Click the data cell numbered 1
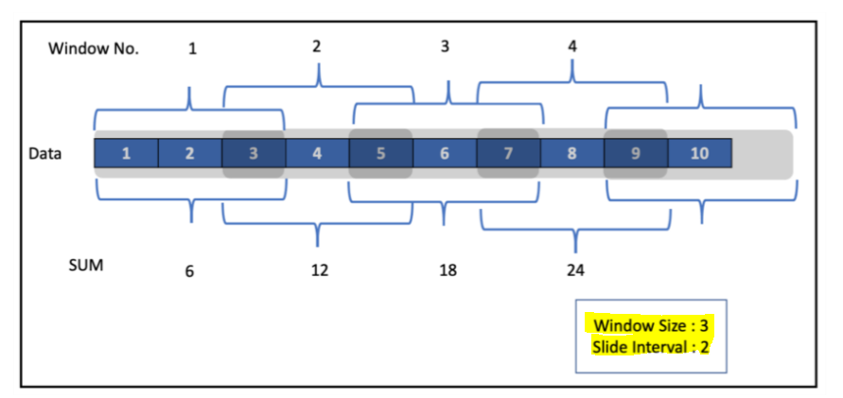click(126, 154)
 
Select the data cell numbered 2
click(189, 154)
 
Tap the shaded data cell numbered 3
click(253, 154)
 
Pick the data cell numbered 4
click(317, 154)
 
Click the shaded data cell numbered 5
click(380, 154)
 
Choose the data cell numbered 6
click(444, 154)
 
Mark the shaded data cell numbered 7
click(508, 154)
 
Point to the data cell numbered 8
click(571, 154)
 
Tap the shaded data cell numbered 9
click(635, 154)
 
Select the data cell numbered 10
click(699, 154)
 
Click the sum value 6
click(190, 270)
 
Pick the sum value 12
click(319, 270)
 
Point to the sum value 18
click(448, 270)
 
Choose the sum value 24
click(575, 270)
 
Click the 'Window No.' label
click(94, 49)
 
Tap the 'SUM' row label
click(85, 266)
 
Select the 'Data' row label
click(45, 153)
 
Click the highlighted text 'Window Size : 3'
click(651, 326)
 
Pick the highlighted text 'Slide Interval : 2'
click(651, 347)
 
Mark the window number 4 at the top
click(572, 45)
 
